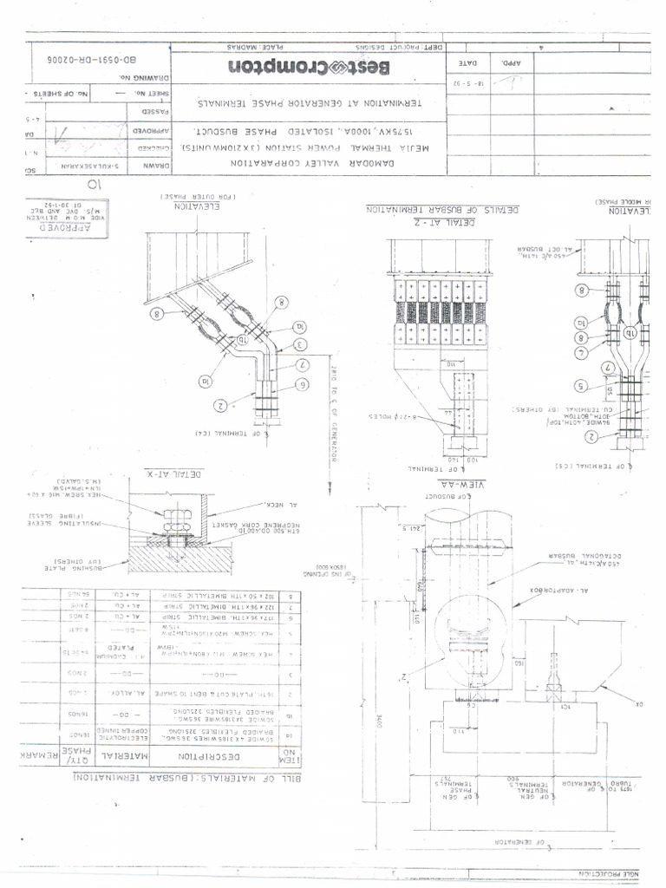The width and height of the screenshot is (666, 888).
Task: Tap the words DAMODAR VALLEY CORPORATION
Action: click(x=305, y=164)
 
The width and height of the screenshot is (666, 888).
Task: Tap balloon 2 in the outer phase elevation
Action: click(x=221, y=404)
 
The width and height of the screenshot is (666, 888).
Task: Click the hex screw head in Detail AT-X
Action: click(x=176, y=512)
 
